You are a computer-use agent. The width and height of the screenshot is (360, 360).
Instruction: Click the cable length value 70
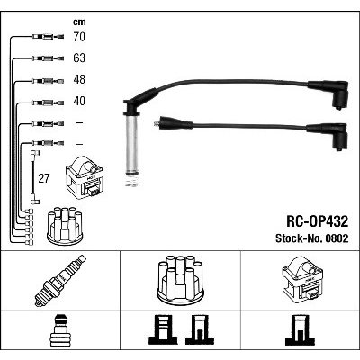pos(79,37)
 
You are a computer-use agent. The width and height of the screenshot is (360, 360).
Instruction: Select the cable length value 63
pos(79,58)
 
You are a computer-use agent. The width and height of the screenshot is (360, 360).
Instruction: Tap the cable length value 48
pos(79,79)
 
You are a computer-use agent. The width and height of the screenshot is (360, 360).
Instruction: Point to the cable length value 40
pos(79,101)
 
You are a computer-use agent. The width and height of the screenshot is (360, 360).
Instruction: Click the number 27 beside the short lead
pos(43,178)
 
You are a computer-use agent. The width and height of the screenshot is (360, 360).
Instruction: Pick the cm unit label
pos(79,22)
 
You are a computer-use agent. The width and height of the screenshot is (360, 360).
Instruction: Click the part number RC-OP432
pos(318,222)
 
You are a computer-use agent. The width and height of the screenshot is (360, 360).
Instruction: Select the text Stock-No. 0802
pos(312,238)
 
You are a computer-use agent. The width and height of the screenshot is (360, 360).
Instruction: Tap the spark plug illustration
pos(60,281)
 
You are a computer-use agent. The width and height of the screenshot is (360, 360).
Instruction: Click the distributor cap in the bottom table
pos(180,279)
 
